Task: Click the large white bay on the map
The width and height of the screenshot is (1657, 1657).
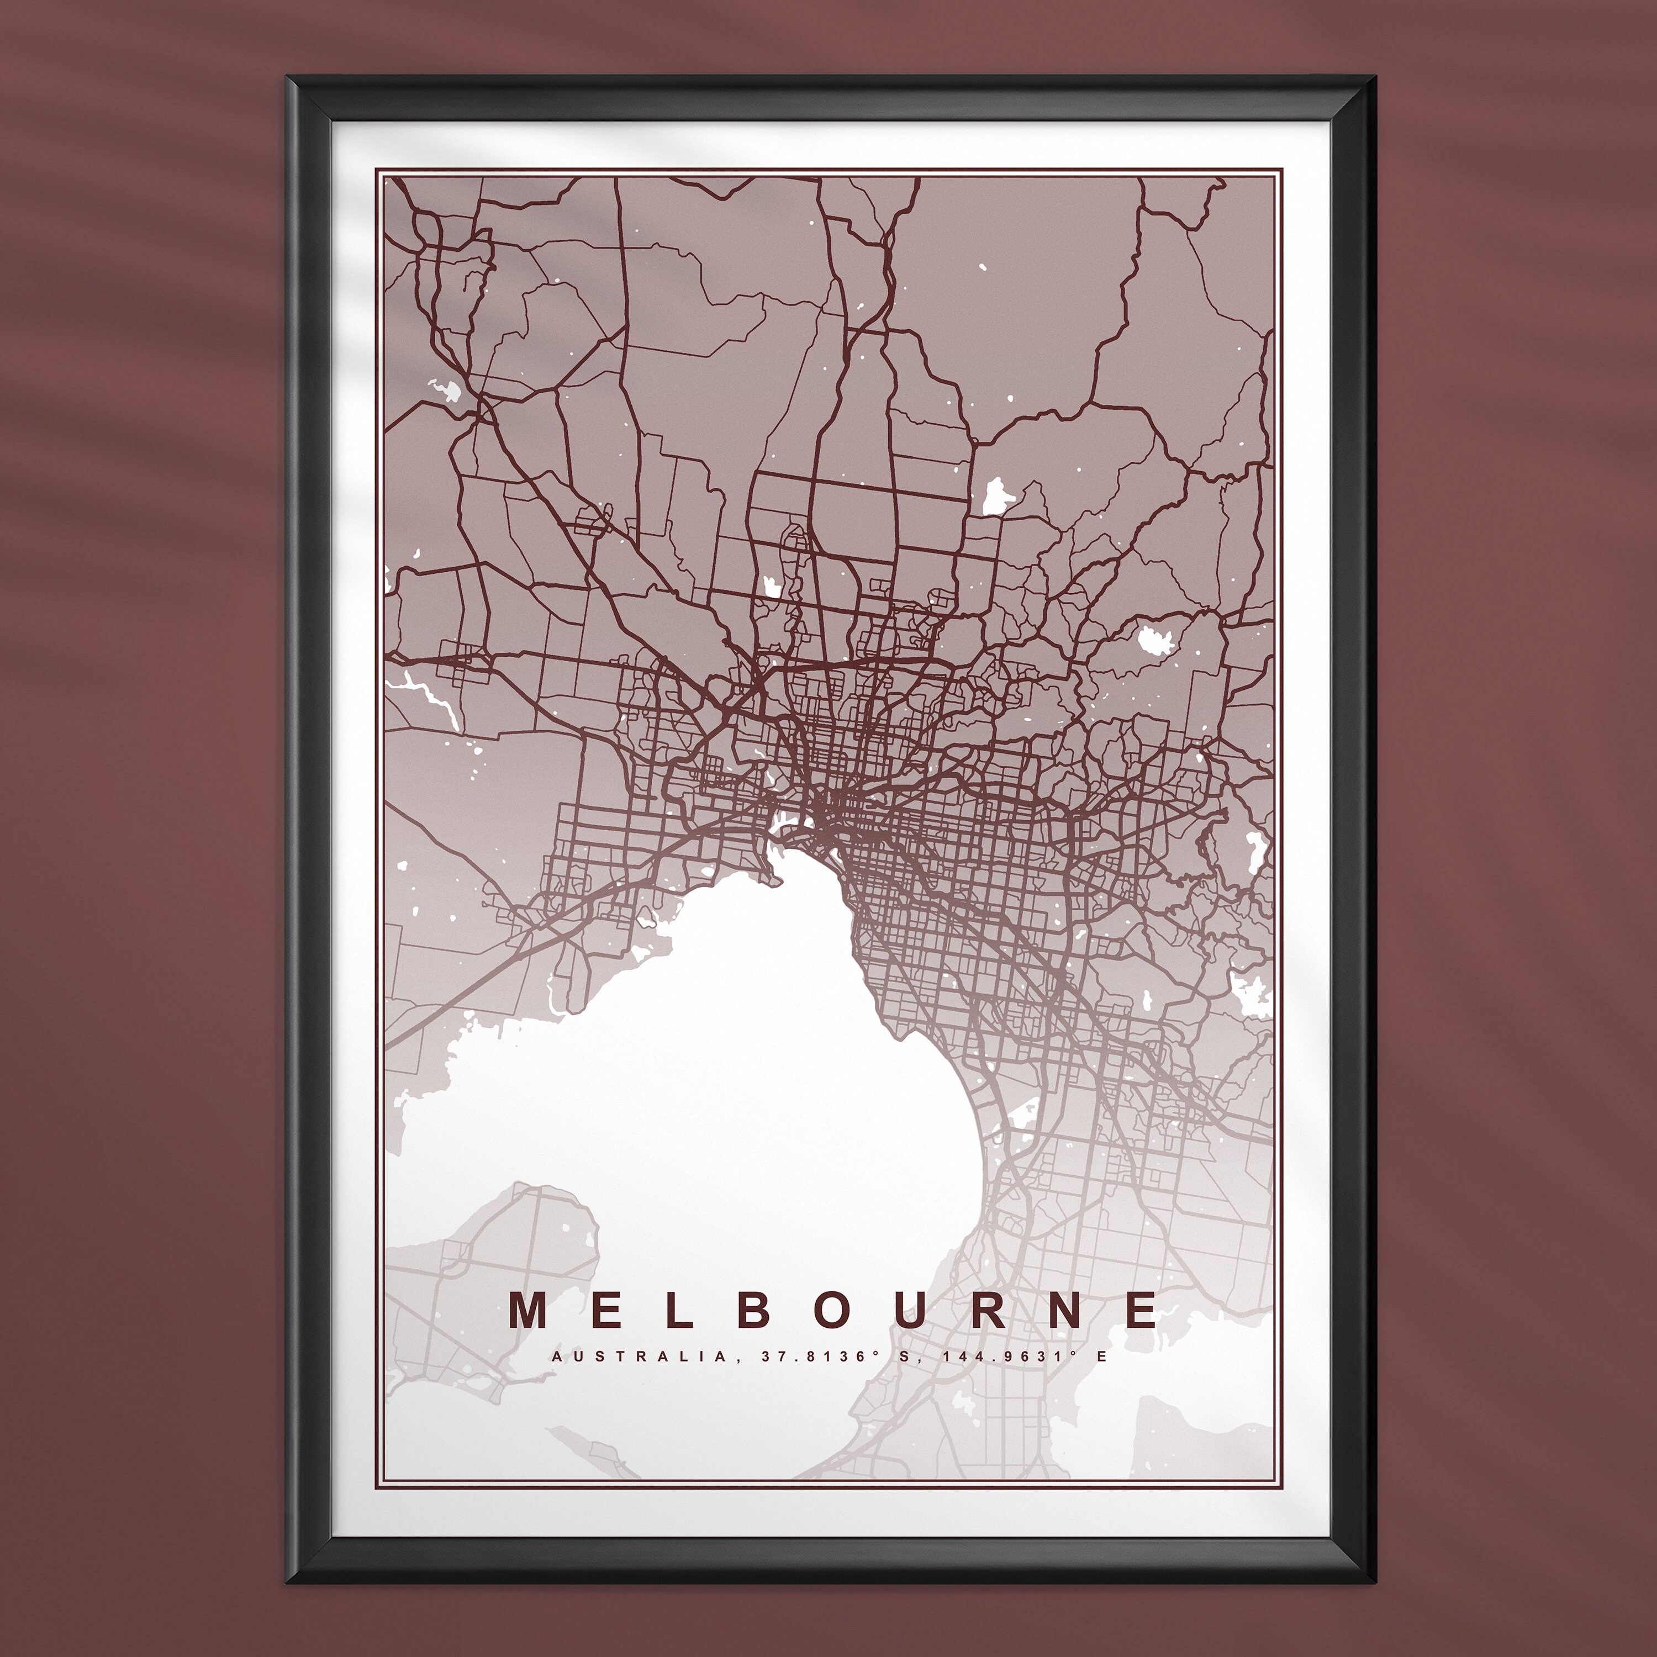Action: click(729, 1072)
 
